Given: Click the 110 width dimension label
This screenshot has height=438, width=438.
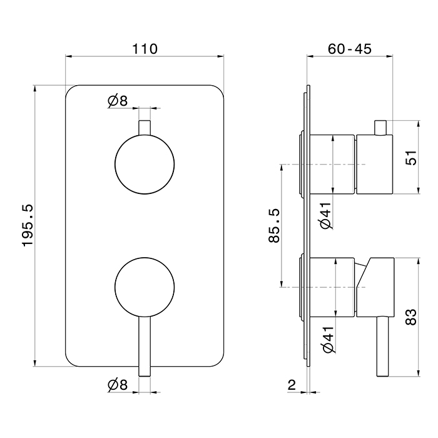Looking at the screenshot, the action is (x=145, y=49).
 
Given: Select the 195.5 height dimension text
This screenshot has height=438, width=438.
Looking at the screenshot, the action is (x=28, y=225).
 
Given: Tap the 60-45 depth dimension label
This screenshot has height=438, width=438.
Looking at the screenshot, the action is (x=349, y=49).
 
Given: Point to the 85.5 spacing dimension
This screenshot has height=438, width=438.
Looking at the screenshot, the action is (x=274, y=225).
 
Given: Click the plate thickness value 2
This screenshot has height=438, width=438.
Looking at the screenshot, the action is (x=292, y=385).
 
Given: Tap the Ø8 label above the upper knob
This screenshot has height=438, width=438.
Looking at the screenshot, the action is (x=118, y=101).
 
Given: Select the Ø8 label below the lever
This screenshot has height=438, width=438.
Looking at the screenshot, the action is (x=118, y=385).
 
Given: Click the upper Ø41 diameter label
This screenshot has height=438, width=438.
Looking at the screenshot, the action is (x=326, y=216).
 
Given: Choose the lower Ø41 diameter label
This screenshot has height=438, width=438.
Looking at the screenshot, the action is (x=328, y=339).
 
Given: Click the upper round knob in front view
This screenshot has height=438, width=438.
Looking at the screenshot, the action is (x=145, y=164).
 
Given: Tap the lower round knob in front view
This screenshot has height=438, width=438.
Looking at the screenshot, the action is (x=145, y=287).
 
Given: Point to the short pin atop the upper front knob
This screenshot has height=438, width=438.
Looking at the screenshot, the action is (x=145, y=128).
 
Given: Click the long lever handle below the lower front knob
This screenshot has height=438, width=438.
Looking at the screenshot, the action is (x=145, y=347).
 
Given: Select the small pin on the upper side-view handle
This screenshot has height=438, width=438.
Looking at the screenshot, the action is (x=380, y=128).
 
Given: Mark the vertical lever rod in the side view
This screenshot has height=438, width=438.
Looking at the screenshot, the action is (x=383, y=347).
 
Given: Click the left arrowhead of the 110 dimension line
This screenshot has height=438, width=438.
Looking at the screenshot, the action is (x=69, y=56).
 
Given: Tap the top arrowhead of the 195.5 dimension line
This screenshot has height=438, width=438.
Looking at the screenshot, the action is (x=35, y=88).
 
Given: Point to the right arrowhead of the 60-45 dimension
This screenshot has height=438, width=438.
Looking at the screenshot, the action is (x=389, y=56).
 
